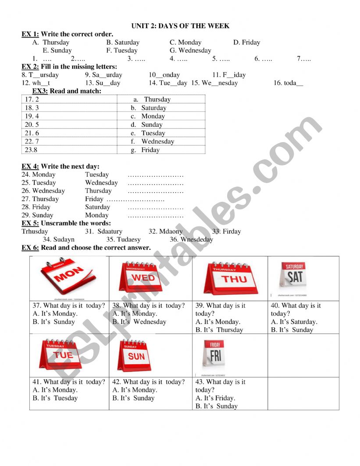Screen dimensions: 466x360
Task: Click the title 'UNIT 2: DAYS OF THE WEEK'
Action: tap(180, 26)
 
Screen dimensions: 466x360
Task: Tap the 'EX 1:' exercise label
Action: tap(30, 34)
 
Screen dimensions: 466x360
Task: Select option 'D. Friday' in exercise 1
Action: tap(246, 43)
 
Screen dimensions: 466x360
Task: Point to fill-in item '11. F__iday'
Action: tap(229, 75)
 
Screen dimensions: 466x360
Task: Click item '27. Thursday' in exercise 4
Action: tap(40, 199)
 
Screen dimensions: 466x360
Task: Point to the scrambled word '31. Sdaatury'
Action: tap(104, 231)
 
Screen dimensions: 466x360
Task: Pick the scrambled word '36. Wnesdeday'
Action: tap(191, 240)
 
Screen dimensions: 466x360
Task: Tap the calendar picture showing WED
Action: tap(143, 278)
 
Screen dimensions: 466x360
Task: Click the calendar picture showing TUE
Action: tap(63, 355)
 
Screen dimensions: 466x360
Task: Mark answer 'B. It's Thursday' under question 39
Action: tap(219, 330)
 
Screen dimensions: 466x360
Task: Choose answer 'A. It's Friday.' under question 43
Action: tap(215, 398)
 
